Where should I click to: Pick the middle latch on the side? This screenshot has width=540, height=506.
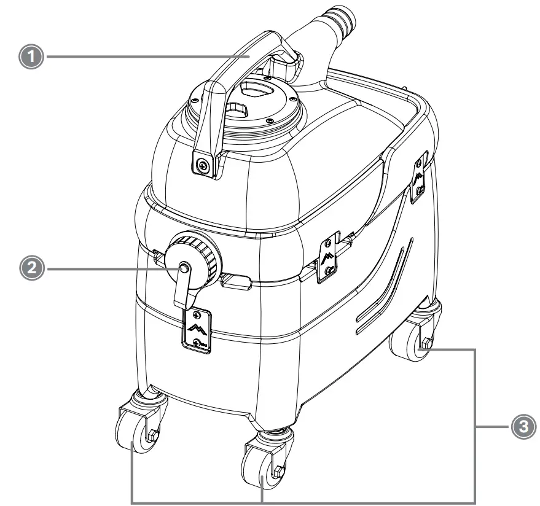click(x=327, y=257)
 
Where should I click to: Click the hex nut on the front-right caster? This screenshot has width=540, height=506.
click(x=277, y=471)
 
